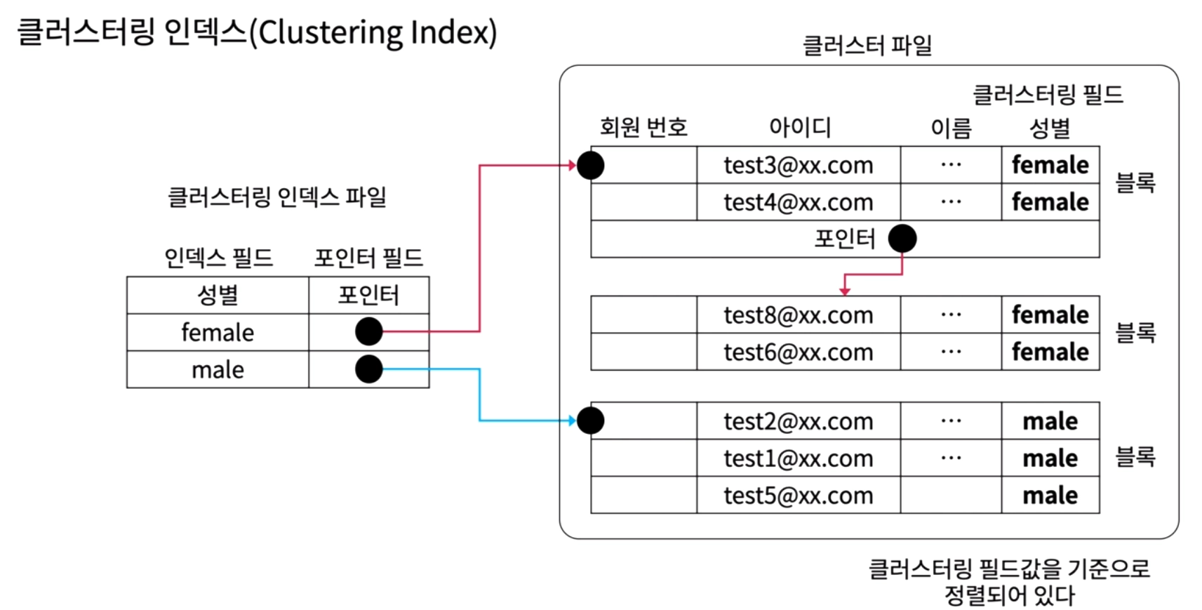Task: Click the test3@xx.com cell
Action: coord(798,166)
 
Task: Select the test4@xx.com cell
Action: coord(798,202)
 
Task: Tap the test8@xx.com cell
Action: coord(798,315)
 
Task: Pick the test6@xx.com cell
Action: coord(798,352)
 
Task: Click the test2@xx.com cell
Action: coord(798,421)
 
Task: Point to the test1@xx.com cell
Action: coord(798,458)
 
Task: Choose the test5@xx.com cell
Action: coord(798,496)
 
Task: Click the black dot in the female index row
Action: coord(368,331)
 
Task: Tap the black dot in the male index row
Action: coord(368,369)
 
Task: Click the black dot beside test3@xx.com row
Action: coord(590,166)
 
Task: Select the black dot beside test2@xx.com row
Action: coord(590,420)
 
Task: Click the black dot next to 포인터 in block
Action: coord(902,239)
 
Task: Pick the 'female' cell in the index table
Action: coord(218,332)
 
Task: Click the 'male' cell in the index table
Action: coord(218,369)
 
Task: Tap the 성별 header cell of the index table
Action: coord(218,295)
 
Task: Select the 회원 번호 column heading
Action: coord(643,127)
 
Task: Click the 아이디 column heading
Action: coord(800,127)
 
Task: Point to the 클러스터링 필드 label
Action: coord(1048,95)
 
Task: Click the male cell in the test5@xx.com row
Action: coord(1050,496)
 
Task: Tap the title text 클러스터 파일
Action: coord(867,46)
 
